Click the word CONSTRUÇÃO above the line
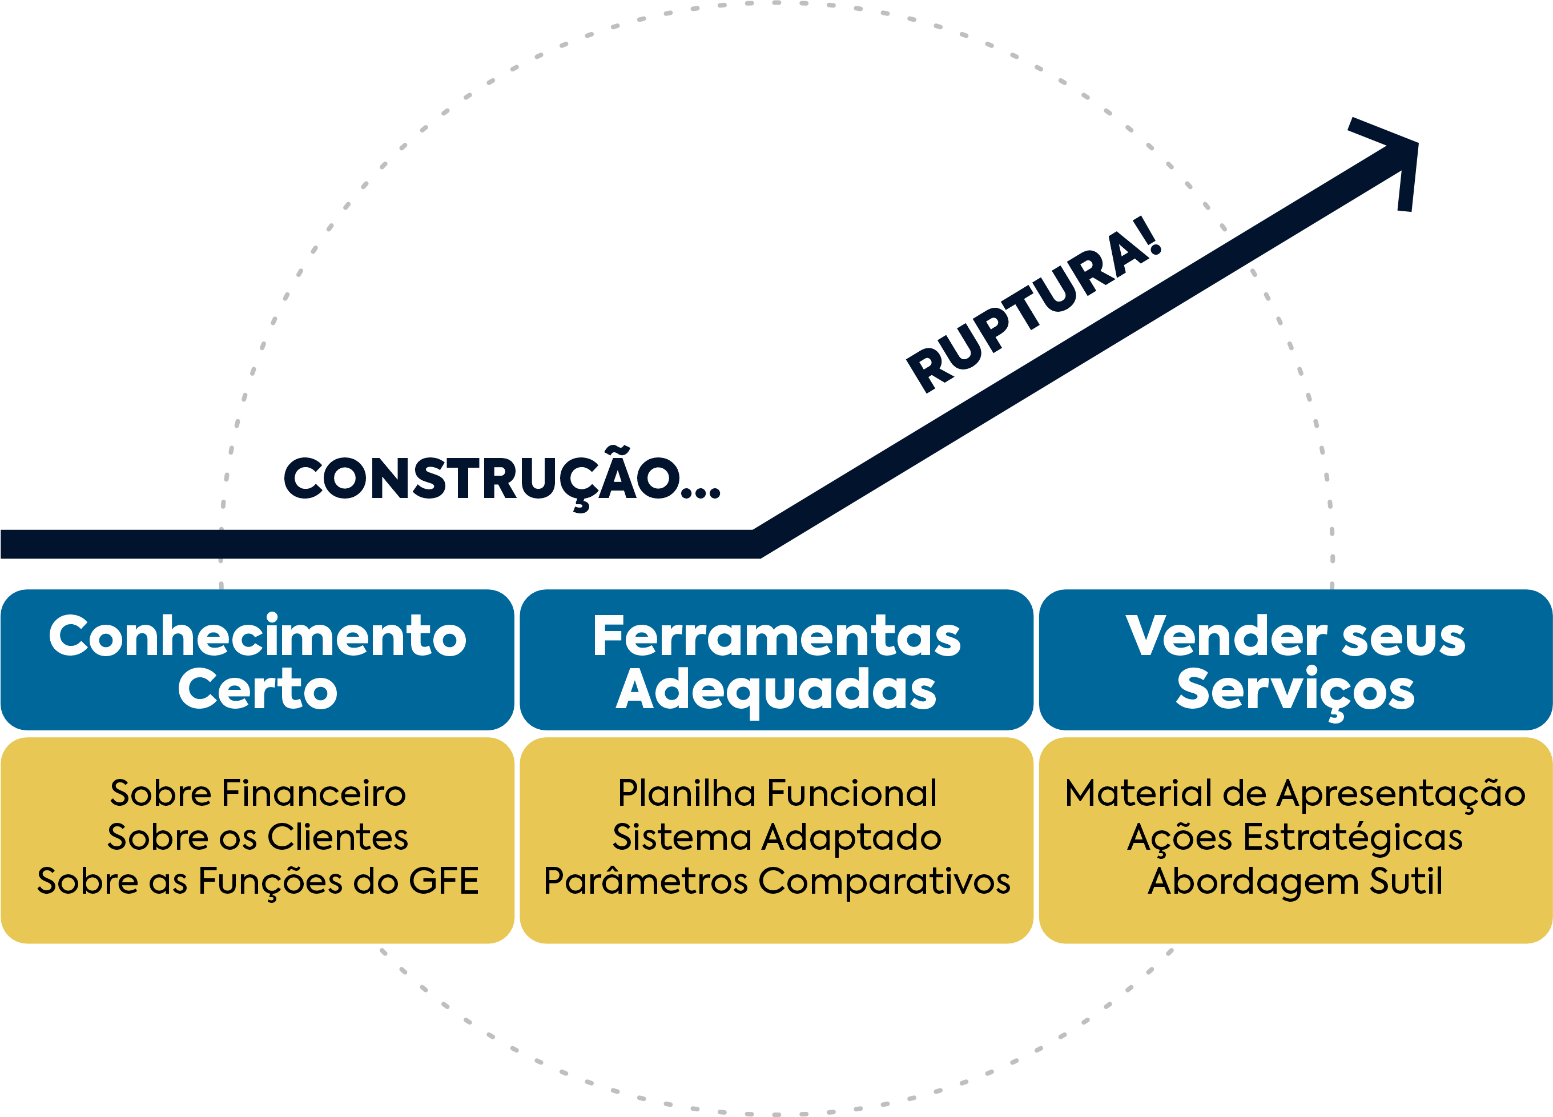483,479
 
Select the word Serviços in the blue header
1295,690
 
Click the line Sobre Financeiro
258,793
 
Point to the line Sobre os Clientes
258,837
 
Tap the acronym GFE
443,881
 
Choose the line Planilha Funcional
776,793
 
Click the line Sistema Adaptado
776,837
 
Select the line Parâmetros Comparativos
776,881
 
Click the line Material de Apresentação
1295,793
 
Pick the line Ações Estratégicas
1295,837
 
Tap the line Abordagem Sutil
1295,881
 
